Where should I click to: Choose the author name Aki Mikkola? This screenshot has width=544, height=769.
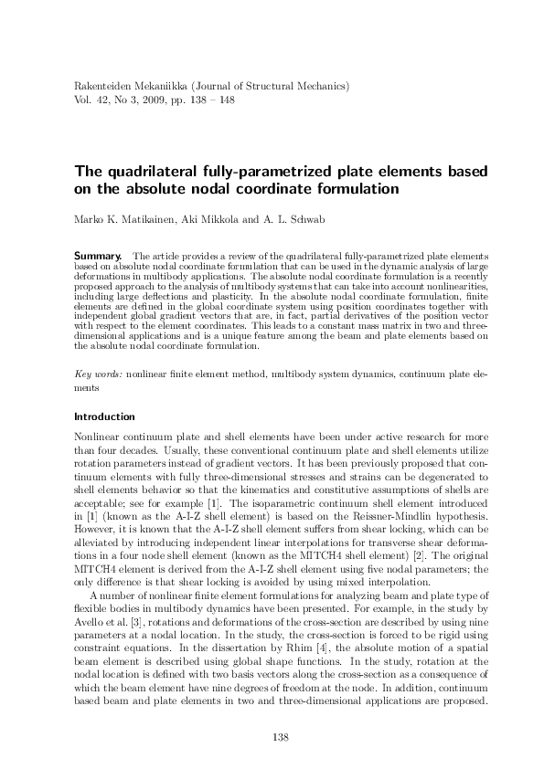pyautogui.click(x=208, y=219)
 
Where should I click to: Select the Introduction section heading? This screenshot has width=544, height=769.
pyautogui.click(x=104, y=416)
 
